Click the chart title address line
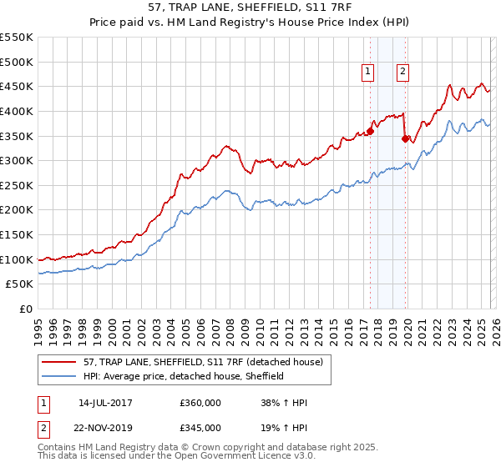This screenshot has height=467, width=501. (x=250, y=8)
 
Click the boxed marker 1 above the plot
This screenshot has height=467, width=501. (x=367, y=73)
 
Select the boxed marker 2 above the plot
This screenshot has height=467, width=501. (x=402, y=73)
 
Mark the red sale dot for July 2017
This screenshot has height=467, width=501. (x=370, y=130)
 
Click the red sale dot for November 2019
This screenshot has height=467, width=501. (x=405, y=138)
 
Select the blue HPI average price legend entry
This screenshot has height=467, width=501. (x=183, y=376)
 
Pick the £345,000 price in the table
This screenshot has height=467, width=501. (x=200, y=427)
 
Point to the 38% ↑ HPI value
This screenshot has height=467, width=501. (x=285, y=403)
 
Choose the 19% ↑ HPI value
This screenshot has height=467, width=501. (x=285, y=427)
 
